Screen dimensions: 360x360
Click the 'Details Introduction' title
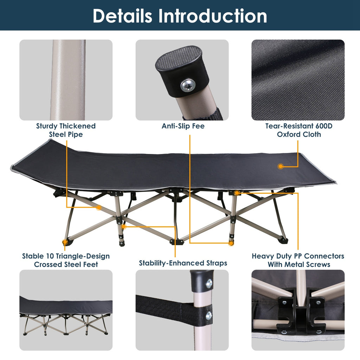pos(180,16)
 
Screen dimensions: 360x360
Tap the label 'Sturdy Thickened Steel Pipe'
pos(66,130)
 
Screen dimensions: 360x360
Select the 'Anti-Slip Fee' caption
pos(183,126)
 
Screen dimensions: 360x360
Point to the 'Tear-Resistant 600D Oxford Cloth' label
pos(298,130)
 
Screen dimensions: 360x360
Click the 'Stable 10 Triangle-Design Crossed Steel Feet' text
pos(66,260)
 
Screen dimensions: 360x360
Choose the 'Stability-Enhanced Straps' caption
pos(183,263)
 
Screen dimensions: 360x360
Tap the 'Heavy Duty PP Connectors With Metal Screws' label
pos(298,260)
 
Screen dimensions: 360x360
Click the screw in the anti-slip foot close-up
pos(187,85)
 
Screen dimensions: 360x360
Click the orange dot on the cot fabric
pos(281,166)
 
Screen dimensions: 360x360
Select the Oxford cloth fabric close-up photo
pos(298,80)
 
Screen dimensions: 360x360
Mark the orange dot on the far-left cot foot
pos(65,242)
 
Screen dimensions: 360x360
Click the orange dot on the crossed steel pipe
pos(99,208)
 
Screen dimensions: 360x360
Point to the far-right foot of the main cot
pos(283,241)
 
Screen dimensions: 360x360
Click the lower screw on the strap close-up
pos(209,315)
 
